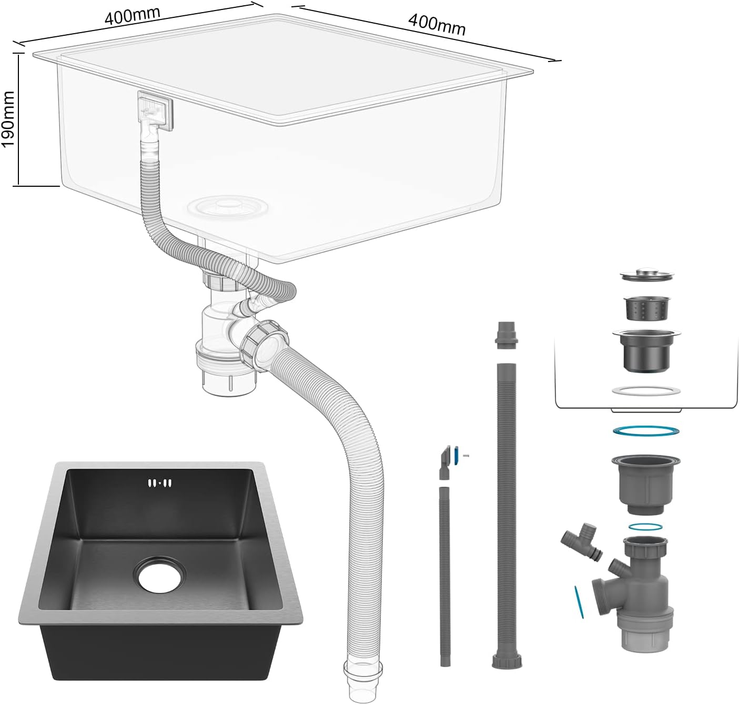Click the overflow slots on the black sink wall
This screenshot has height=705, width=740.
[x=159, y=483]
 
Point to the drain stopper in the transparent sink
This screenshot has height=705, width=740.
[x=228, y=206]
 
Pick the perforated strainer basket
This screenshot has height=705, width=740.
[x=647, y=308]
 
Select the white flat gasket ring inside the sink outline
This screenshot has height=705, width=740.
[x=646, y=390]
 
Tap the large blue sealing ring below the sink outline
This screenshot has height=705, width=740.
[x=646, y=430]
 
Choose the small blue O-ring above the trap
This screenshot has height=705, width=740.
[x=645, y=527]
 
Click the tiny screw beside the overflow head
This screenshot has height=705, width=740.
[x=466, y=456]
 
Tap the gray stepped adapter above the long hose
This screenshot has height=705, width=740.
[x=506, y=335]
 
